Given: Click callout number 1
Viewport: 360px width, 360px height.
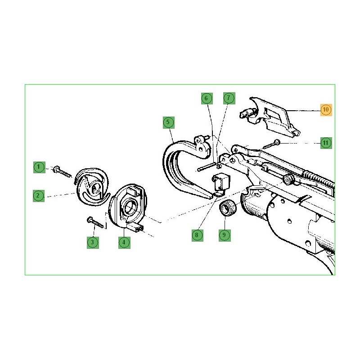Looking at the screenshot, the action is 39,167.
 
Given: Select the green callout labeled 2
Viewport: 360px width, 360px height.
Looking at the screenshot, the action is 38,196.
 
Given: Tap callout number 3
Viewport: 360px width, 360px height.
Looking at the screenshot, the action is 93,243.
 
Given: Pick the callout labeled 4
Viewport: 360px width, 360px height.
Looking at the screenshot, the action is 124,243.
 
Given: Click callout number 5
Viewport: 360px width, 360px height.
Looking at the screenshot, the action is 168,122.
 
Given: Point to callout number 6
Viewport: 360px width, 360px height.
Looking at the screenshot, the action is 207,99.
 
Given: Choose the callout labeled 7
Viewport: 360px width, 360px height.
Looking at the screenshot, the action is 229,98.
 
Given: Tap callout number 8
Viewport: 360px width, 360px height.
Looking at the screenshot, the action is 197,235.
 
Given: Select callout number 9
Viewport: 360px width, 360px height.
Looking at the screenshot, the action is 224,235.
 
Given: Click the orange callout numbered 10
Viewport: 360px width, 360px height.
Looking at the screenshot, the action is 326,110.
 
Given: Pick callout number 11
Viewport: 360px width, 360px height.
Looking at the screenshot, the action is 326,143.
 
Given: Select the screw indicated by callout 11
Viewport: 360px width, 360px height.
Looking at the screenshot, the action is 272,144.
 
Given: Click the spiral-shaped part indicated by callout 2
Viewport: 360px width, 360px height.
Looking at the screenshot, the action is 91,186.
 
